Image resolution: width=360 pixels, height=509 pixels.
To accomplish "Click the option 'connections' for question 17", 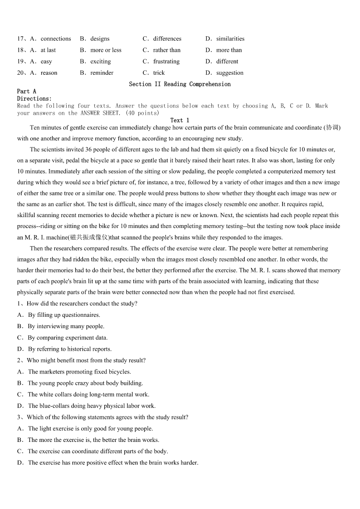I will [55, 39].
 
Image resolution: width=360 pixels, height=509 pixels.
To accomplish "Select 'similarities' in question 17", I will [230, 39].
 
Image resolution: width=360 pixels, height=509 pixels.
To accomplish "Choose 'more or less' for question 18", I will [106, 50].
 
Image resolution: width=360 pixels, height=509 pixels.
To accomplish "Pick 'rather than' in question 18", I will [166, 50].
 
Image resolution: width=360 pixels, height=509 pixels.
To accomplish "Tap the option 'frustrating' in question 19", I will [166, 61].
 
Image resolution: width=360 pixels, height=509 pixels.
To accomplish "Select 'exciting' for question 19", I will [100, 61].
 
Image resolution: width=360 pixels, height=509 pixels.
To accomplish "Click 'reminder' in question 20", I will [102, 73].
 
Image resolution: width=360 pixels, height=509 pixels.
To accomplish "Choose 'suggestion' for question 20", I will [229, 73].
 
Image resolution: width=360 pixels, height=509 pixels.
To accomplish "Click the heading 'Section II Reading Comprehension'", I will [180, 84].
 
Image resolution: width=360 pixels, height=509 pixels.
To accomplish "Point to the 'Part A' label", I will [27, 91].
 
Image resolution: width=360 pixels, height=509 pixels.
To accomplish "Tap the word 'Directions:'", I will [34, 98].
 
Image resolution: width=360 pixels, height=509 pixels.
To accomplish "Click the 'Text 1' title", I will [180, 120].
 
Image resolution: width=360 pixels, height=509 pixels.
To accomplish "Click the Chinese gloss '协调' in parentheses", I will [332, 128].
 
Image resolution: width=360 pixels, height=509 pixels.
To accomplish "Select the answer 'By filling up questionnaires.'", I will [64, 315].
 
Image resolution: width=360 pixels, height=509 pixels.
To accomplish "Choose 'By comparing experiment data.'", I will [68, 338].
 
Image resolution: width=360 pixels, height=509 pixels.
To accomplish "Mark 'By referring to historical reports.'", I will [69, 349].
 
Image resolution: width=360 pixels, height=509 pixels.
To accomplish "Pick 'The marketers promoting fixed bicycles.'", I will [79, 372].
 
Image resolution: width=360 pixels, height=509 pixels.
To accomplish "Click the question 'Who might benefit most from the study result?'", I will [86, 360].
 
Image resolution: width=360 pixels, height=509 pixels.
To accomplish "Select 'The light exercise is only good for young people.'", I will [90, 428].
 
